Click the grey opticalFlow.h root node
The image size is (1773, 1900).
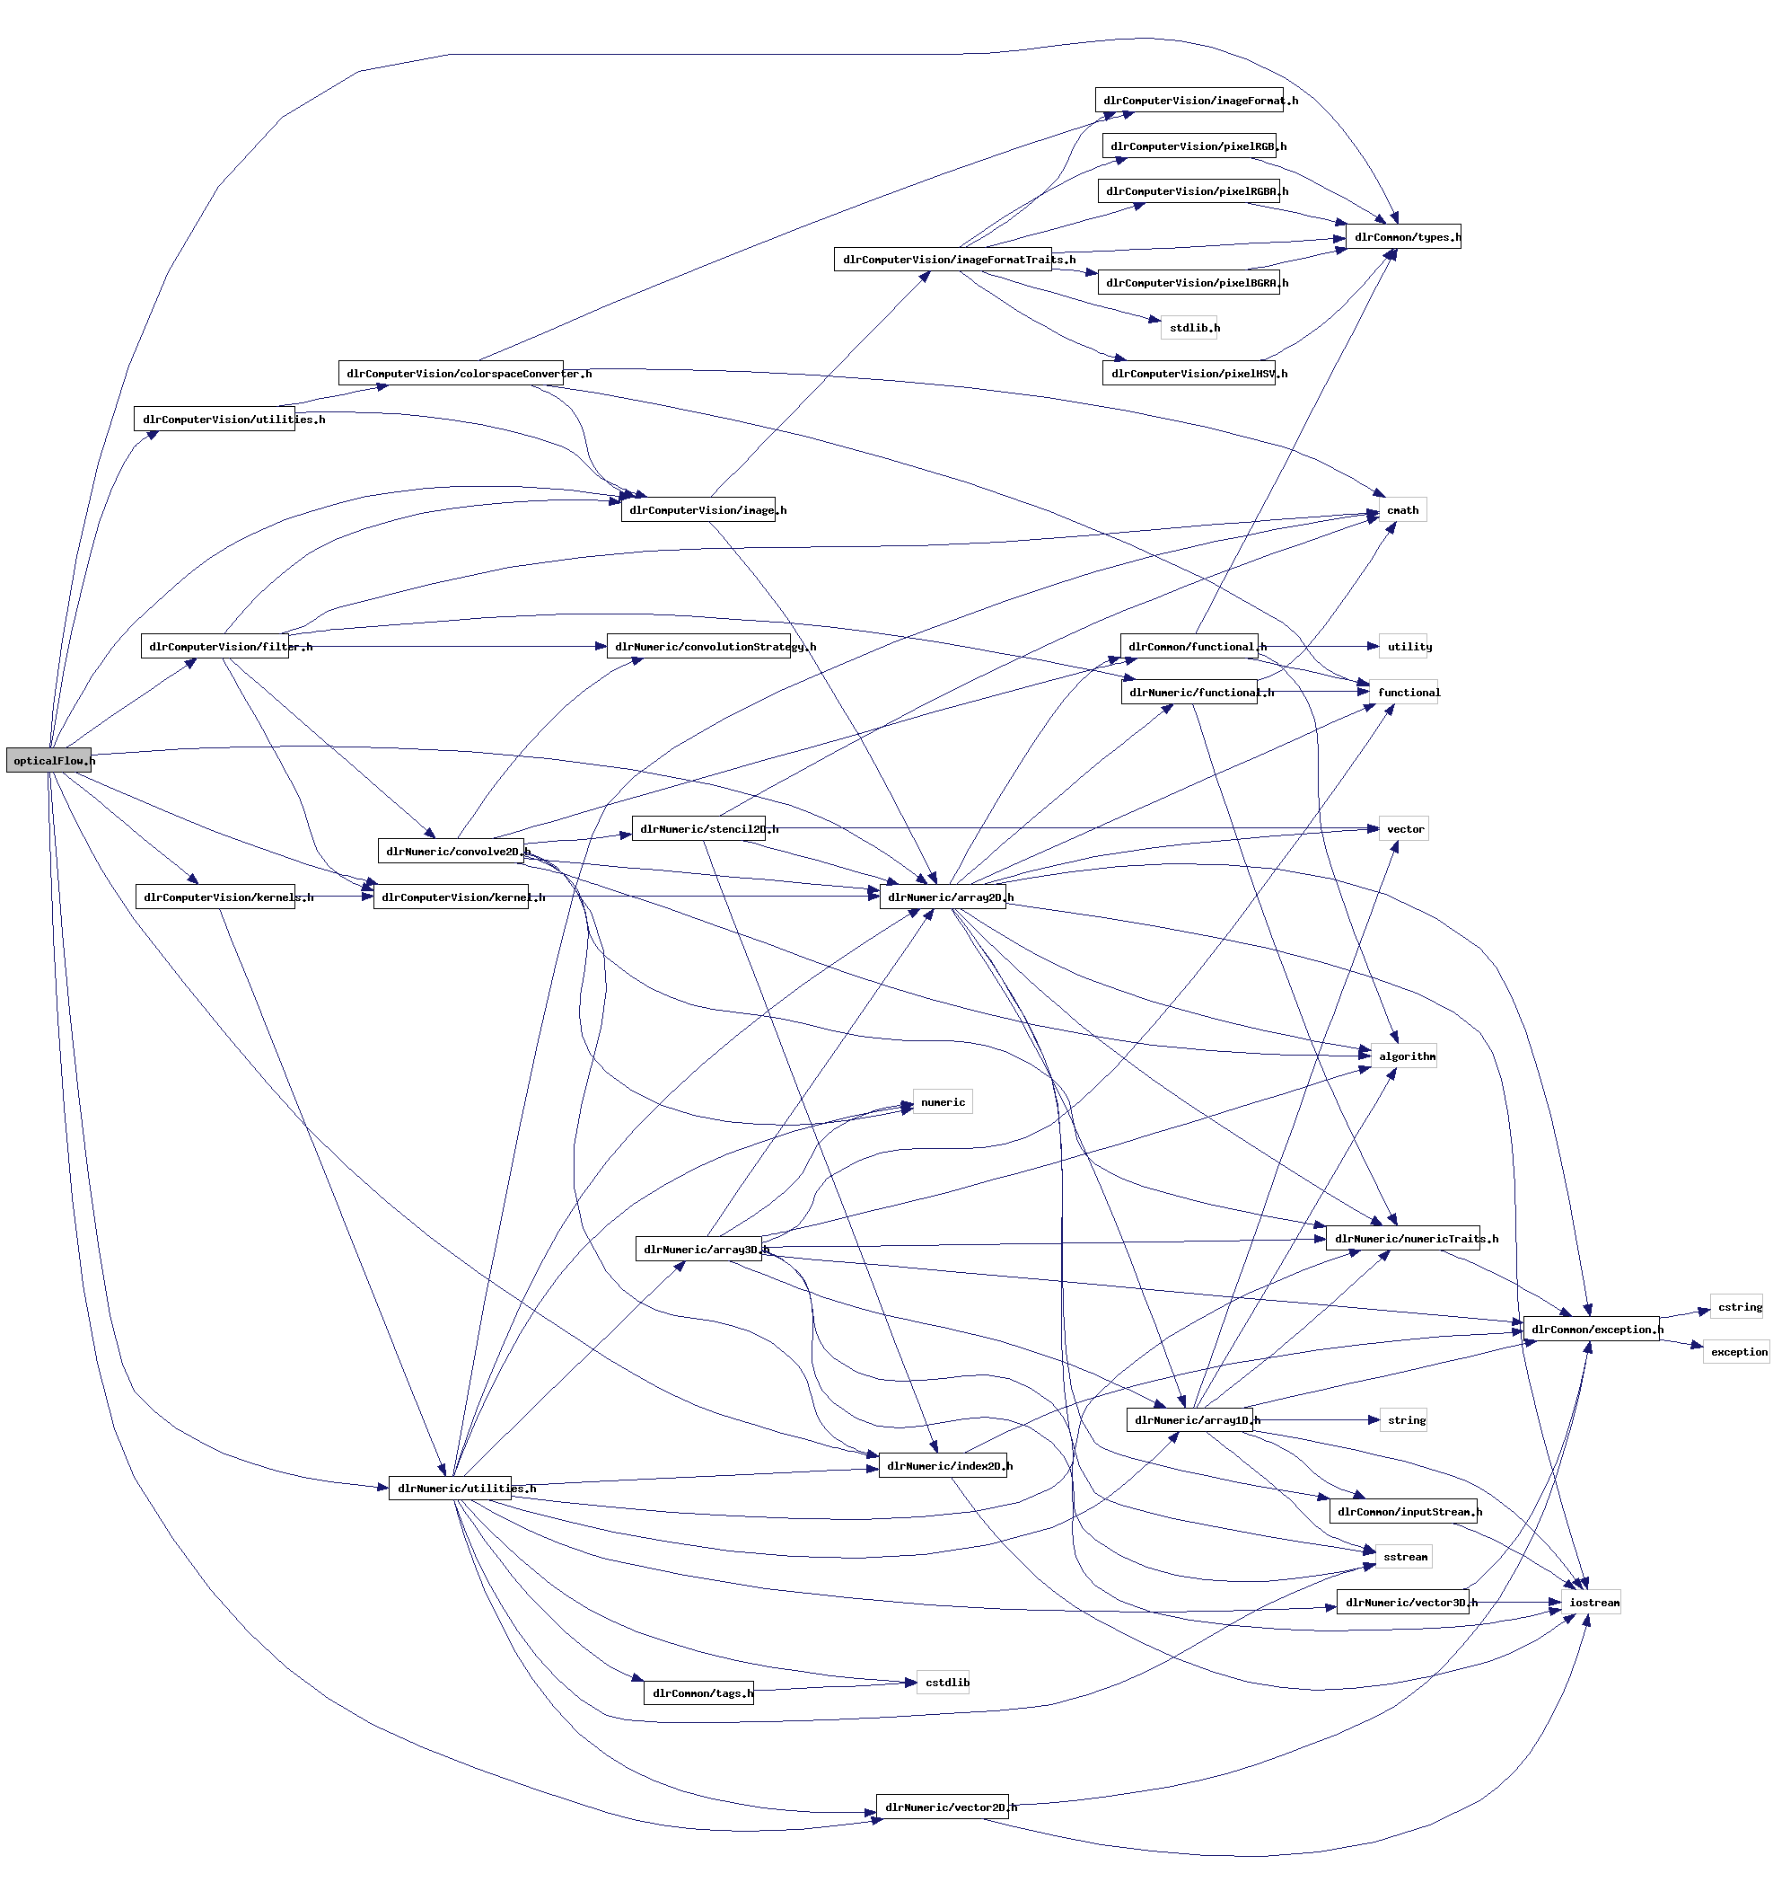coord(48,760)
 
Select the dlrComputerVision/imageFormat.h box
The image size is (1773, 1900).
coord(1189,101)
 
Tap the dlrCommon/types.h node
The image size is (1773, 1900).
coord(1402,237)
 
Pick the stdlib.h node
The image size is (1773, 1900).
coord(1189,328)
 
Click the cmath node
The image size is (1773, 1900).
coord(1401,510)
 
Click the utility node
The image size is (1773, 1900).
coord(1409,647)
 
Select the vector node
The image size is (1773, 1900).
coord(1403,828)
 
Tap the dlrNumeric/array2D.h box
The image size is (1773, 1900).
coord(942,897)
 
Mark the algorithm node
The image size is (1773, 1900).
coord(1403,1056)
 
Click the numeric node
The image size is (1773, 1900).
coord(942,1102)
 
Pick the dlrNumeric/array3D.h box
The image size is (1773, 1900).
coord(698,1249)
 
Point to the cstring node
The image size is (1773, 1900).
coord(1737,1306)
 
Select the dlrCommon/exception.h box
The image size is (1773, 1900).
coord(1591,1330)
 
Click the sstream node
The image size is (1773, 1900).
coord(1403,1557)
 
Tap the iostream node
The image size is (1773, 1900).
coord(1593,1603)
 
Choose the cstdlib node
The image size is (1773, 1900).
coord(944,1682)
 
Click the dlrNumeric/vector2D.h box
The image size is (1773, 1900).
coord(942,1807)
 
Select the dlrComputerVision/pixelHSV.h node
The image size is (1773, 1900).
coord(1189,374)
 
